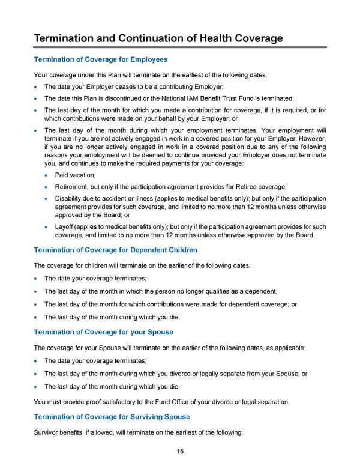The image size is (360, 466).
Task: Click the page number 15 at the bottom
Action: coord(180,451)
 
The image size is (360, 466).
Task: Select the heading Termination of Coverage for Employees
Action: coord(101,59)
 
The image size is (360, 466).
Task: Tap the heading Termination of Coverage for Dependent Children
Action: coord(116,249)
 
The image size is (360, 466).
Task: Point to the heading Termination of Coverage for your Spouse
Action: coord(103,332)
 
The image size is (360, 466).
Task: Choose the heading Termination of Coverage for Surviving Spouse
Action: coord(112,416)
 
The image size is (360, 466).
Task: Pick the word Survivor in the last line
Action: coord(49,431)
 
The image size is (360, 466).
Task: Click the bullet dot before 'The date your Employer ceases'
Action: coord(37,86)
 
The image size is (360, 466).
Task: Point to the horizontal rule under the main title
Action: coord(180,47)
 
